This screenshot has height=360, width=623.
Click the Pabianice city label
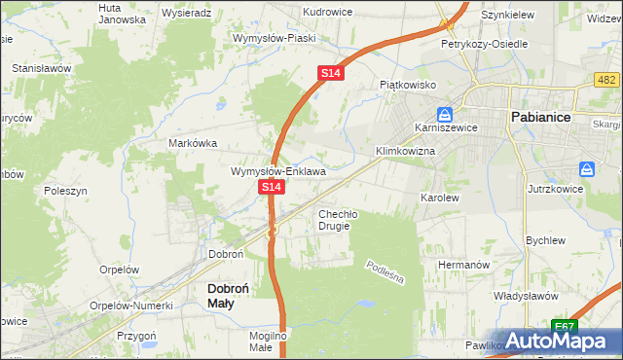(x=546, y=118)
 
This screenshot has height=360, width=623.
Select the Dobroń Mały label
(x=232, y=296)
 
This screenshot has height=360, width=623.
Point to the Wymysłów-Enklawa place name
(x=277, y=171)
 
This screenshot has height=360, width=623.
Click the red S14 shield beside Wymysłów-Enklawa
(x=272, y=186)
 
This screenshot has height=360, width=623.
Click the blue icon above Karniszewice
(x=444, y=114)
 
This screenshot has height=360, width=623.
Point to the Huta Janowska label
(x=123, y=13)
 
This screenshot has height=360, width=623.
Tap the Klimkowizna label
(x=405, y=152)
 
